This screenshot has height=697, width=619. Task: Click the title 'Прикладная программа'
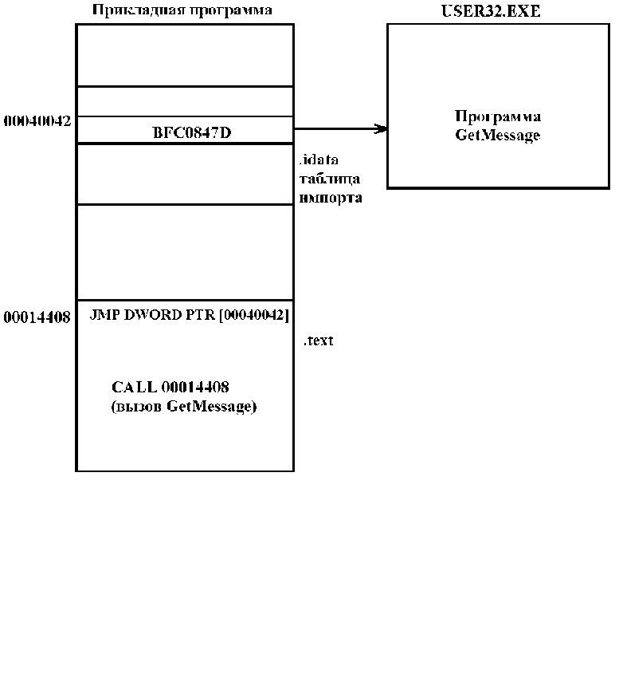tap(182, 10)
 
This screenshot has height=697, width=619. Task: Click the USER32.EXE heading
tap(491, 11)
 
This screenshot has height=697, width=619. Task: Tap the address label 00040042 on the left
tap(37, 120)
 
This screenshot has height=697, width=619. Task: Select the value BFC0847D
tap(192, 132)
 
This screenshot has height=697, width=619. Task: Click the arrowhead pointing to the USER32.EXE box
tap(381, 129)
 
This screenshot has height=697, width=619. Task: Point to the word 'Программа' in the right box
tap(498, 116)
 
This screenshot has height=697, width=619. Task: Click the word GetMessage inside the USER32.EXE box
tap(498, 135)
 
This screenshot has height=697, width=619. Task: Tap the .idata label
tap(319, 159)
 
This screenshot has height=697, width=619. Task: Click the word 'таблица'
tap(330, 179)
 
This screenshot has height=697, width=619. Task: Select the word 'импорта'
tap(331, 198)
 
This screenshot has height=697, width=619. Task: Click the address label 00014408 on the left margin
tap(37, 317)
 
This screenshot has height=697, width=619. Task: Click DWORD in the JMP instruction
tap(153, 315)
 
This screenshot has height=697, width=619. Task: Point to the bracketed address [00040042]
tap(254, 315)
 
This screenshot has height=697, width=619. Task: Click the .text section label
tap(319, 341)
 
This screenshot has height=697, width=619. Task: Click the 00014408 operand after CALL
tap(195, 387)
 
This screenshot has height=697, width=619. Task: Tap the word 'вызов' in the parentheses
tap(136, 406)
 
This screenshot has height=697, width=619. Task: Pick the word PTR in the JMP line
tap(200, 315)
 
